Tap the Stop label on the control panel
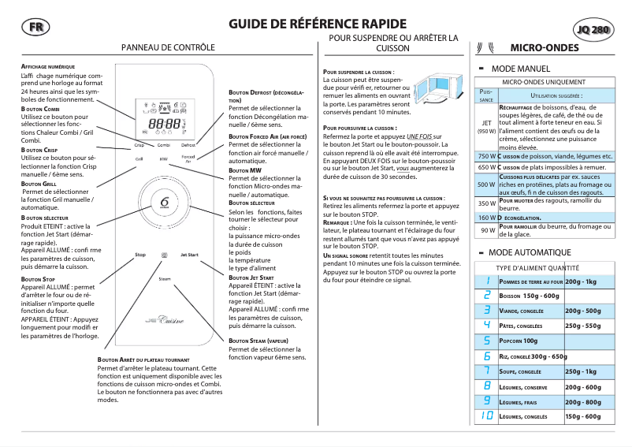pos(140,255)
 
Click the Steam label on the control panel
pos(165,279)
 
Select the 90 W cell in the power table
pos(486,230)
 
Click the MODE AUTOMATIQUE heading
pos(530,252)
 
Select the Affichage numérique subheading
pos(47,66)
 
